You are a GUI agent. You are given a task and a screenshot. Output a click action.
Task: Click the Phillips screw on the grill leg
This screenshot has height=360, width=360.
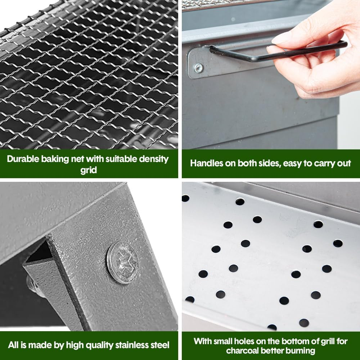[123, 263]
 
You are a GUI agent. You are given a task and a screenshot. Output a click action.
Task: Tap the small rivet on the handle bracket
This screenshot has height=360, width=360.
[198, 68]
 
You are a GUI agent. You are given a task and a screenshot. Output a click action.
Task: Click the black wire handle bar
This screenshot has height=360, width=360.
[275, 53]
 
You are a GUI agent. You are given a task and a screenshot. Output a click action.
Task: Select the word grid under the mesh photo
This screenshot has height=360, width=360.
[89, 170]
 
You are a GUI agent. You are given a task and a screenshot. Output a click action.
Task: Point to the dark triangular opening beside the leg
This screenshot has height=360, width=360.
[40, 252]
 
